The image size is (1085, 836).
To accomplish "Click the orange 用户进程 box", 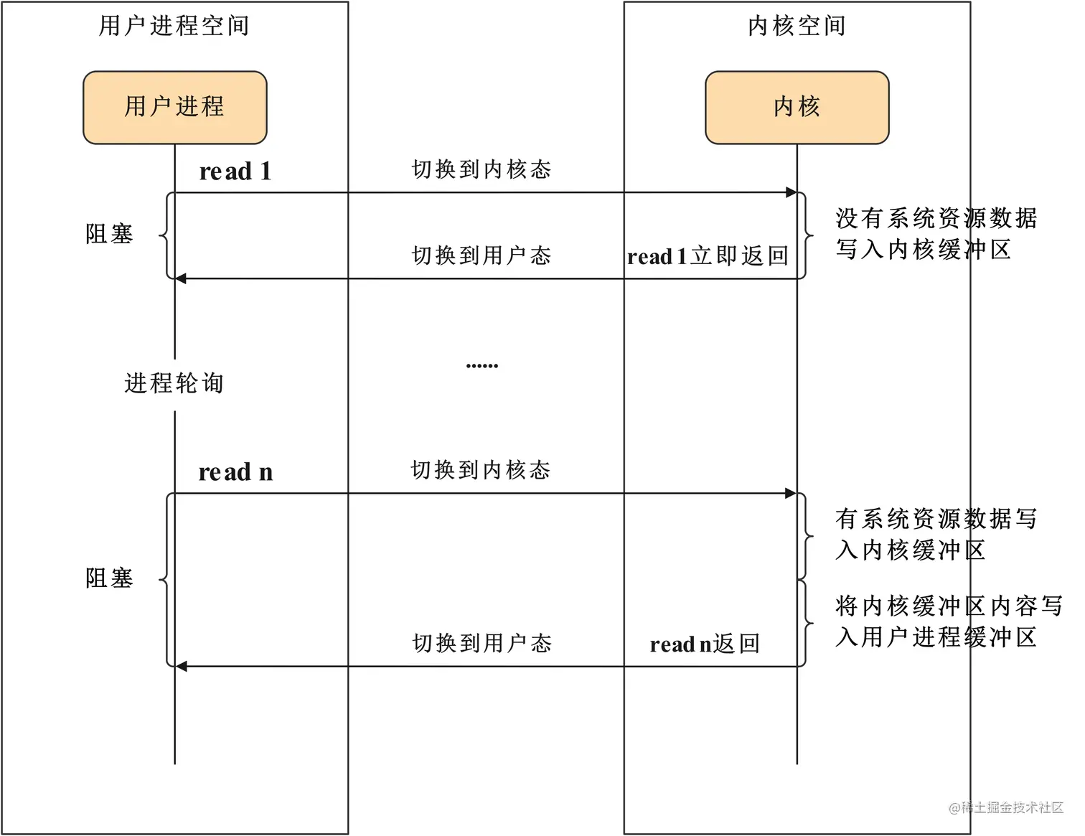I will [174, 107].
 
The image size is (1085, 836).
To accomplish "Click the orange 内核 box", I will [797, 107].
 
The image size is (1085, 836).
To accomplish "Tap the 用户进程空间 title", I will [174, 26].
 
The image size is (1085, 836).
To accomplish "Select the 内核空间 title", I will [797, 26].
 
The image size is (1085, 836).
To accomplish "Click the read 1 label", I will [235, 172].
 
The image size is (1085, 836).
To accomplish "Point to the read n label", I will [235, 472].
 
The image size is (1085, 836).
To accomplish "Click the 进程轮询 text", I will [174, 383].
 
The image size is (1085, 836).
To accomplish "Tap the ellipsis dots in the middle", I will [482, 366].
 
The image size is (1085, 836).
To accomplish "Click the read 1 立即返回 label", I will [708, 256].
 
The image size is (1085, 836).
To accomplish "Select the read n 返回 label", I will [705, 644].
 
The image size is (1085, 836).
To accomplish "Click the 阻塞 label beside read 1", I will [109, 234].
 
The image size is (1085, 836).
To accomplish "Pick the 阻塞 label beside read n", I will [109, 578].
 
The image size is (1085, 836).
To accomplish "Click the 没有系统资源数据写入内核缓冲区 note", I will [936, 234].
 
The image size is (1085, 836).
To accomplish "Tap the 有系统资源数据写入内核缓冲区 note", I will [936, 535].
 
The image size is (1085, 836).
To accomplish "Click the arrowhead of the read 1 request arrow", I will [791, 192].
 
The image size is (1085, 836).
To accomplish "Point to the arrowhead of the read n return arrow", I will [182, 667].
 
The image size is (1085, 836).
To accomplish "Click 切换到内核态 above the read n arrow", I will [481, 471].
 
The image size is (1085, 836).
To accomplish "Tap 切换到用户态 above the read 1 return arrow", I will [482, 255].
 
